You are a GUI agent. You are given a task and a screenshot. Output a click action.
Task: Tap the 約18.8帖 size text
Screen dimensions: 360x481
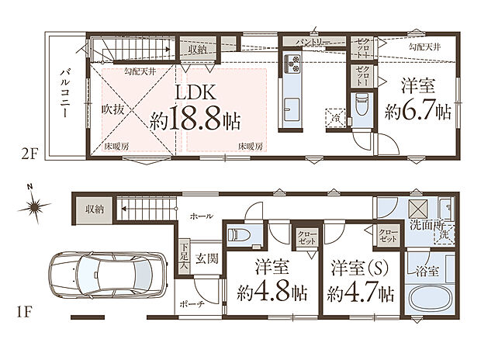point(195,121)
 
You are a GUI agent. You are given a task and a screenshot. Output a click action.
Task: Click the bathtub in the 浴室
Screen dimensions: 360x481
point(429,298)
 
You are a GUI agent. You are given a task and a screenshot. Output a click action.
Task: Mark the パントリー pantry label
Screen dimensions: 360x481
point(313,41)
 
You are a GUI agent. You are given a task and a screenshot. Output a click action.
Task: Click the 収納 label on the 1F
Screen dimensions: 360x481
point(95,209)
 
